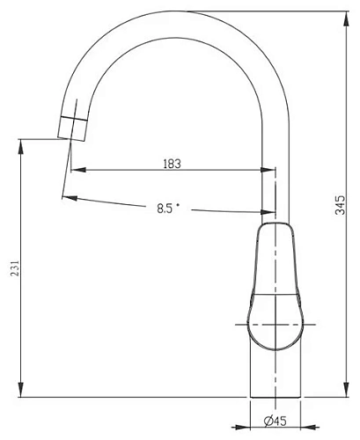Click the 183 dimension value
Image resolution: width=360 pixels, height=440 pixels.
[172, 164]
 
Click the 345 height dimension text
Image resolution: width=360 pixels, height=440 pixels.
[341, 205]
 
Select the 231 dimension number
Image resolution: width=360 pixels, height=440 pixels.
[15, 268]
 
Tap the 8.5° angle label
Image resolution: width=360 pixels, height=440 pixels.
[168, 209]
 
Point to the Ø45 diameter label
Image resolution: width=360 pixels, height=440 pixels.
[275, 422]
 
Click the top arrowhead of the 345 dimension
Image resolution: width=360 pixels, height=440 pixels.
[347, 19]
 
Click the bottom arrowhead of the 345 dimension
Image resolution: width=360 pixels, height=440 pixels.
[347, 390]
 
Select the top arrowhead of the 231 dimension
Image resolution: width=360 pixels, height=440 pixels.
[21, 147]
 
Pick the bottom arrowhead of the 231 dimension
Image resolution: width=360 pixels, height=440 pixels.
[21, 390]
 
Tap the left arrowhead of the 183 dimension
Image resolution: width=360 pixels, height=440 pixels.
[78, 170]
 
